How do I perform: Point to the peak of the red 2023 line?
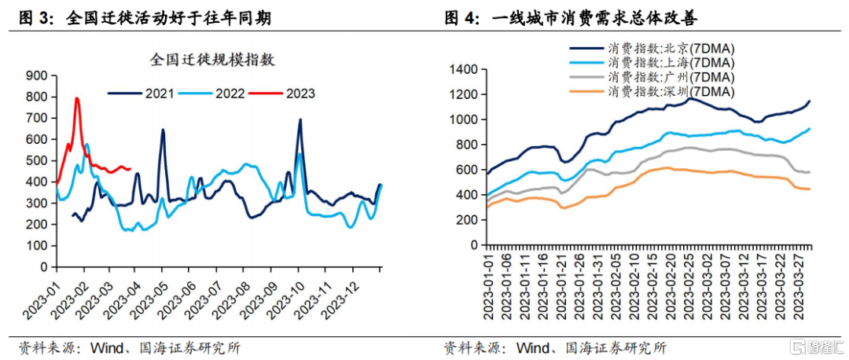77,98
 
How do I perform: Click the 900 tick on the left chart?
38,75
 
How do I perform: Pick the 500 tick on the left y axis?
38,161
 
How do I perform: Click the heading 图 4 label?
462,17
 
